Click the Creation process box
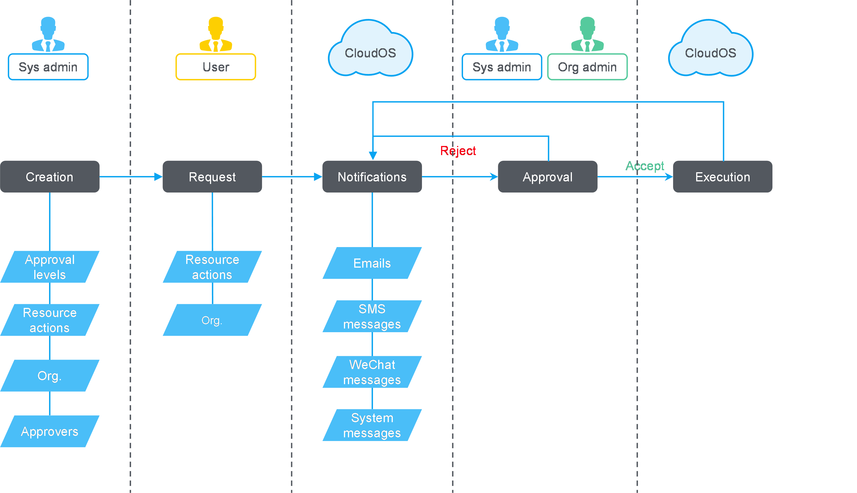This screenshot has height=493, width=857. [50, 177]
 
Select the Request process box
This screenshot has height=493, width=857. [212, 177]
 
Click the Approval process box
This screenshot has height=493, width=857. [548, 177]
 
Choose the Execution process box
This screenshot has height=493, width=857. [722, 177]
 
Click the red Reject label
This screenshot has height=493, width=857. [458, 151]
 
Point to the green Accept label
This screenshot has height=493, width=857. [644, 166]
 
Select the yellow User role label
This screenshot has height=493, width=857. [216, 67]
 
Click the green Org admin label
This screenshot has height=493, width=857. [587, 67]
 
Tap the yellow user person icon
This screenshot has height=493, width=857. [216, 35]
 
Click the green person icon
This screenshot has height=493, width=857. [587, 35]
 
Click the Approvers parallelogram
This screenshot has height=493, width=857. [50, 431]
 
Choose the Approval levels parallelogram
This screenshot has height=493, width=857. [50, 267]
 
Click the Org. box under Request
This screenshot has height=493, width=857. [212, 320]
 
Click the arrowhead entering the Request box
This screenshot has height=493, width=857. [158, 177]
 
